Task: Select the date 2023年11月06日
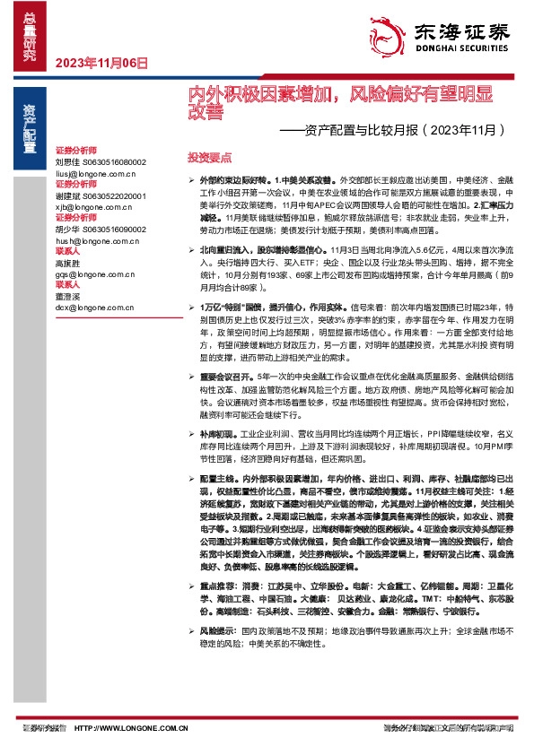101,63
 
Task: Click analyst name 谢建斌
68,195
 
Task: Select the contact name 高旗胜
68,263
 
